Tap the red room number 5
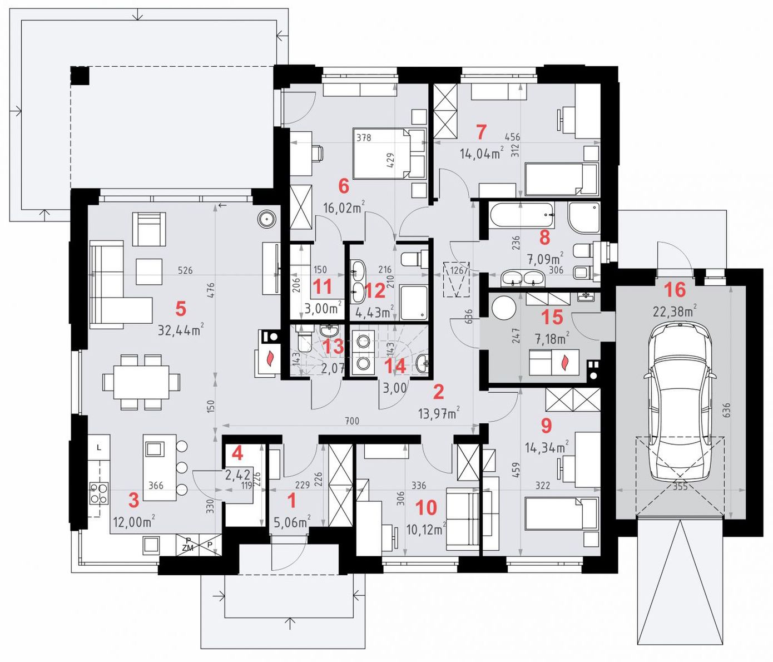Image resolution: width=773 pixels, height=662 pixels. (181, 309)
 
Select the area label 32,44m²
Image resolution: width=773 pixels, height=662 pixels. (181, 330)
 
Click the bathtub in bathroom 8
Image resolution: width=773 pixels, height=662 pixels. (521, 215)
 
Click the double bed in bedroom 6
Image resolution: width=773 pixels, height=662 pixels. (389, 154)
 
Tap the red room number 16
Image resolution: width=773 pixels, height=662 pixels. (675, 289)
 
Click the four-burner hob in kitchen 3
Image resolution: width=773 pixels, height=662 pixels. (99, 493)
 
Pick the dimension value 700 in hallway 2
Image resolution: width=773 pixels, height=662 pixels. (351, 421)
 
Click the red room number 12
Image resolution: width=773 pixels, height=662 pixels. (375, 290)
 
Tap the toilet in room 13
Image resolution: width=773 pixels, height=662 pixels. (304, 338)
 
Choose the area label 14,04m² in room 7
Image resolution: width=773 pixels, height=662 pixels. (482, 154)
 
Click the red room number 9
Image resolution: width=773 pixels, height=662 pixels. (546, 425)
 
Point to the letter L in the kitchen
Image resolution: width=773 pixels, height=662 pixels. (99, 447)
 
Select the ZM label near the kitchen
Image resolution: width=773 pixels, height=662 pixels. (188, 549)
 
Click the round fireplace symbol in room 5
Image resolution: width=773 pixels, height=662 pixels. (267, 220)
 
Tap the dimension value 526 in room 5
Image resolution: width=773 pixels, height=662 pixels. (185, 270)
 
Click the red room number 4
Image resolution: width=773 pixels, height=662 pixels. (237, 453)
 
